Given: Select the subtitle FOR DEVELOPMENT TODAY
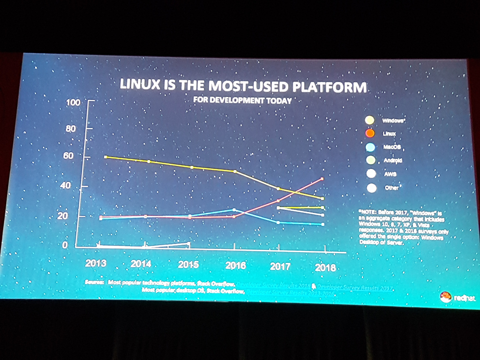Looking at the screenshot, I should tap(242, 100).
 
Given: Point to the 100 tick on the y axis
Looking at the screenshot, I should tap(75, 102).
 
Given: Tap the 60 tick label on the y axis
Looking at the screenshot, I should tap(68, 156).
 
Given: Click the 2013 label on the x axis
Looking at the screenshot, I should tap(96, 263).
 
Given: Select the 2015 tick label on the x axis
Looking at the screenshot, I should tap(188, 264).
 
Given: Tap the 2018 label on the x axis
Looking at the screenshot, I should tap(325, 268).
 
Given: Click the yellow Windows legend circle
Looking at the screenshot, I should tap(370, 120).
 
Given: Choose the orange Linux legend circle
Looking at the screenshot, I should tap(370, 134).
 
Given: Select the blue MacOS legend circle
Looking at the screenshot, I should tap(370, 147).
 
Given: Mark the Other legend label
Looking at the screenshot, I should tap(391, 187).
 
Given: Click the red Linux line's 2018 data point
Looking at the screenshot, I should tap(322, 179).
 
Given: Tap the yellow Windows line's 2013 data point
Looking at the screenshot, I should tap(105, 157).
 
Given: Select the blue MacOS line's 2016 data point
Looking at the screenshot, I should tap(234, 210).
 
